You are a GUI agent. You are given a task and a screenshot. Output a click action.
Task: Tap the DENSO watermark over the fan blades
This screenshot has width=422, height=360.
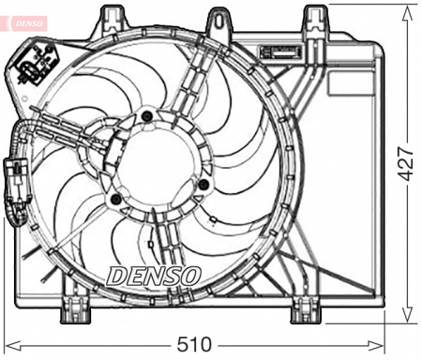tap(154, 276)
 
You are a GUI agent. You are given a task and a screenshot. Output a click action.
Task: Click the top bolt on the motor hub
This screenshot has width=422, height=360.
tap(145, 116)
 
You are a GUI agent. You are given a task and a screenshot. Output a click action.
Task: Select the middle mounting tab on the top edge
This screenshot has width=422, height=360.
tap(219, 17)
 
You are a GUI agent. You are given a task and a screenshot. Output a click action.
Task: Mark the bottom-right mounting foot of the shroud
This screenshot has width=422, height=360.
tap(305, 308)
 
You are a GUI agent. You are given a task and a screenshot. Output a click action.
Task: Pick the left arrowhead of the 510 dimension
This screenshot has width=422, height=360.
tap(8, 343)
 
